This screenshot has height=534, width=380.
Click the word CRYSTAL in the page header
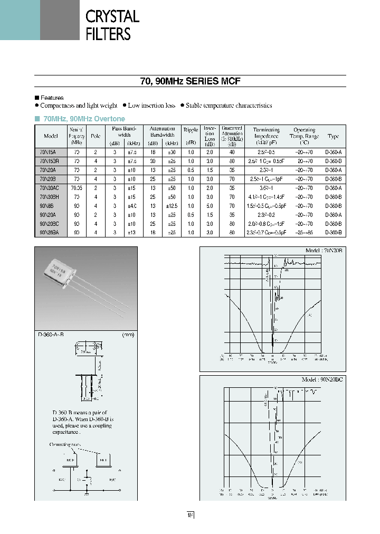[x=112, y=16]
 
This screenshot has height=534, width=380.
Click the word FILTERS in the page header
[x=108, y=34]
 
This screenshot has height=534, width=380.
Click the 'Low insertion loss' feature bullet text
[x=151, y=106]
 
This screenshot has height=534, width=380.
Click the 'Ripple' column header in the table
[x=191, y=129]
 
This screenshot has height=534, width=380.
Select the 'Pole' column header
[x=96, y=136]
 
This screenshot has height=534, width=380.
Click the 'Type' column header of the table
[x=333, y=136]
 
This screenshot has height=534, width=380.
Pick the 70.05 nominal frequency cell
[x=77, y=188]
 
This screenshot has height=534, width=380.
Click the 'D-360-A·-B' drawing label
[x=51, y=335]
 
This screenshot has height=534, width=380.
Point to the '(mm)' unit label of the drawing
[x=128, y=335]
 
